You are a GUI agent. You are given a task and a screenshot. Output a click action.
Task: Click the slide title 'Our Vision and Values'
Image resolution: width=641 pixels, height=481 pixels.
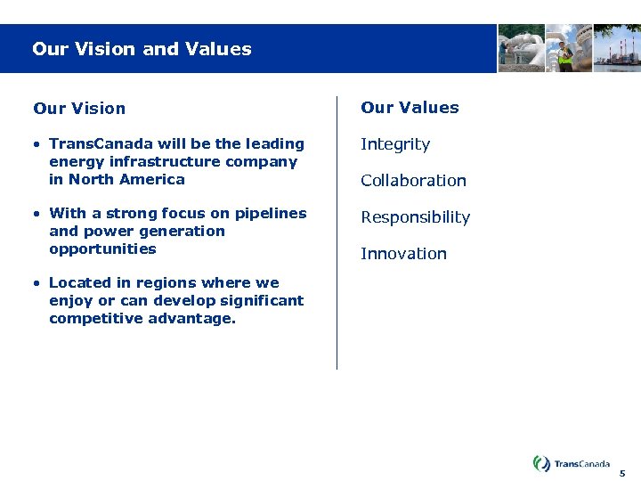click(x=142, y=49)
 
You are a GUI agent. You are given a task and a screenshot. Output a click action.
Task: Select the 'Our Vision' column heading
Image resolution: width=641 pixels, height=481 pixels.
click(x=79, y=109)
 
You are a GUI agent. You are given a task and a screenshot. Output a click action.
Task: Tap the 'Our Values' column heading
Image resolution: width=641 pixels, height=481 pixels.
click(x=410, y=108)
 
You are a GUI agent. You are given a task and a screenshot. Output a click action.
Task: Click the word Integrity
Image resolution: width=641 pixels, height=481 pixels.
click(x=395, y=144)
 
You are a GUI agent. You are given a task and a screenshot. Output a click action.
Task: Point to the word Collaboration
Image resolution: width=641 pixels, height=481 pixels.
click(x=413, y=181)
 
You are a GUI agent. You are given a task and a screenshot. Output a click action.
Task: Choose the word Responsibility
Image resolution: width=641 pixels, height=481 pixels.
click(x=415, y=217)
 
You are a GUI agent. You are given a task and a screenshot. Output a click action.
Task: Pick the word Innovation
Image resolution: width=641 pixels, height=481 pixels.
click(x=403, y=254)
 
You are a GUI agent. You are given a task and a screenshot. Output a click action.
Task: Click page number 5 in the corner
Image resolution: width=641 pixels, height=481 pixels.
click(x=623, y=474)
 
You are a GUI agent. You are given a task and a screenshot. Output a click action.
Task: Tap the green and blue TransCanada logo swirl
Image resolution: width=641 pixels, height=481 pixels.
click(x=541, y=463)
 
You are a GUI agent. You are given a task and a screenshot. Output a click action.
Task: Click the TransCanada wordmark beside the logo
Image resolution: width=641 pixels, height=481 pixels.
click(x=582, y=464)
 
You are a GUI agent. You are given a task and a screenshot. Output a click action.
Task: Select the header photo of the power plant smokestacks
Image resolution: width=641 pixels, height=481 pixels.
click(x=617, y=48)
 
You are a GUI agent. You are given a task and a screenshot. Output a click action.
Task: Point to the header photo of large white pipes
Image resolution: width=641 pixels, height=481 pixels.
click(x=521, y=48)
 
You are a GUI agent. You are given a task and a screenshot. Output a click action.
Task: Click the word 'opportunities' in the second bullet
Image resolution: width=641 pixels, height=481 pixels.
click(x=102, y=249)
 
